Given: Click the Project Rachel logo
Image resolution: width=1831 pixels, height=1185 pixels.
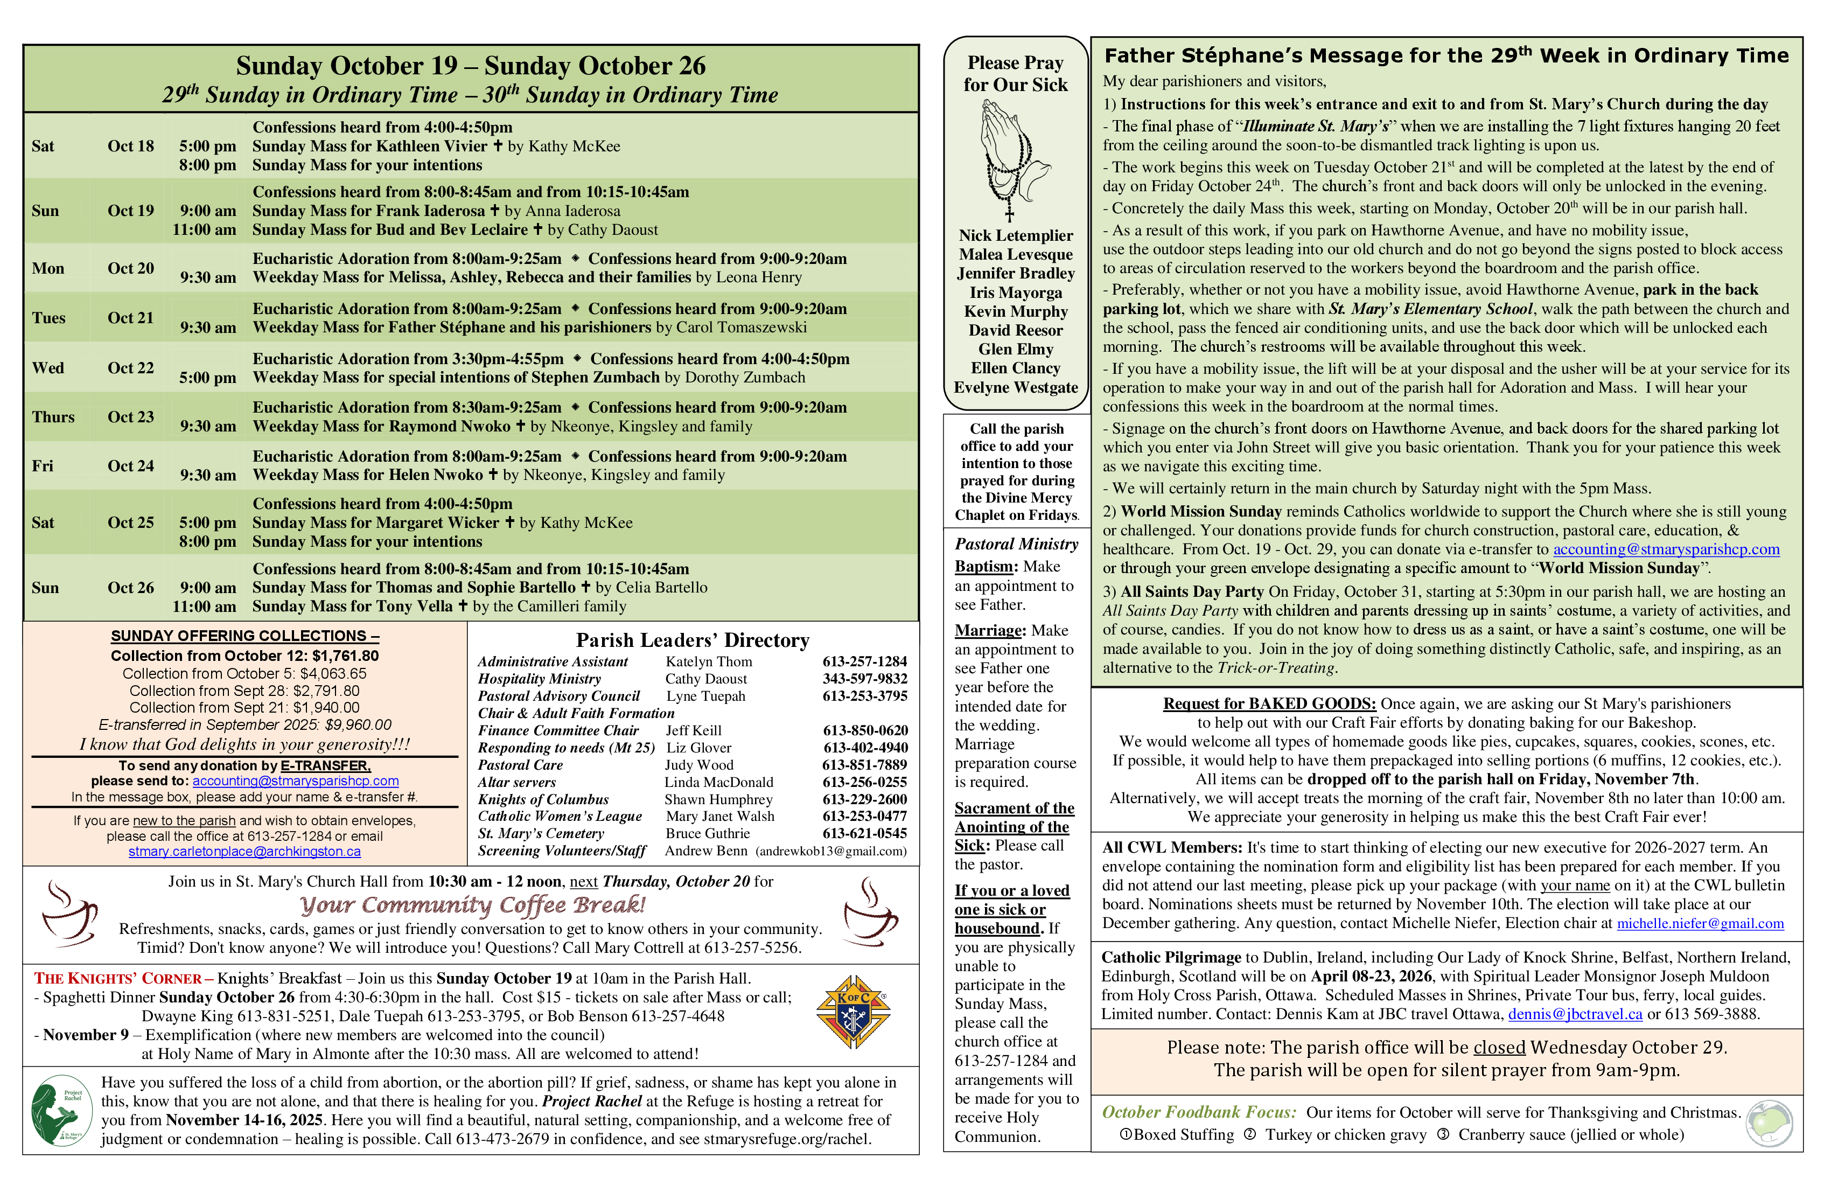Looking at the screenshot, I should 61,1110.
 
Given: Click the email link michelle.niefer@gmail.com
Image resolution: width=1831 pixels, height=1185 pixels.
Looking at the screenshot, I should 1700,923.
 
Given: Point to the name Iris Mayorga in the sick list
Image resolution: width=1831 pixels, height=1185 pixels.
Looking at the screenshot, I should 1016,292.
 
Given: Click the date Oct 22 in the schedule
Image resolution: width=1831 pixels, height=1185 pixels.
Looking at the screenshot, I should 131,368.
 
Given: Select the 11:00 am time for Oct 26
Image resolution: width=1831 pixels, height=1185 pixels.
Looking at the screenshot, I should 204,607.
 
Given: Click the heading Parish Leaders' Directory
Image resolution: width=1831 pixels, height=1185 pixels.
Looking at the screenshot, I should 693,640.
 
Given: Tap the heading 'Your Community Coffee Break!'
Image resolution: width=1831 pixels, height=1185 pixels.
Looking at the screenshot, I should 472,905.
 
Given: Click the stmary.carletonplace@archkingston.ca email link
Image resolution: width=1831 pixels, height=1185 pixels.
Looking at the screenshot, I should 244,852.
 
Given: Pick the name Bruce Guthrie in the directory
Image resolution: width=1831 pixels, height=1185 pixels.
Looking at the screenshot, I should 707,833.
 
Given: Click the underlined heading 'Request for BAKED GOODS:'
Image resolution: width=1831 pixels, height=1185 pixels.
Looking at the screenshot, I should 1269,703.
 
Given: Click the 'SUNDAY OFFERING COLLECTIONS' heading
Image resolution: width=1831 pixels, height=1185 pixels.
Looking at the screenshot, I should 244,636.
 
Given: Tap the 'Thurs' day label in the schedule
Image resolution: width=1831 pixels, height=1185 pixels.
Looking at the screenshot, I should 53,417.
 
